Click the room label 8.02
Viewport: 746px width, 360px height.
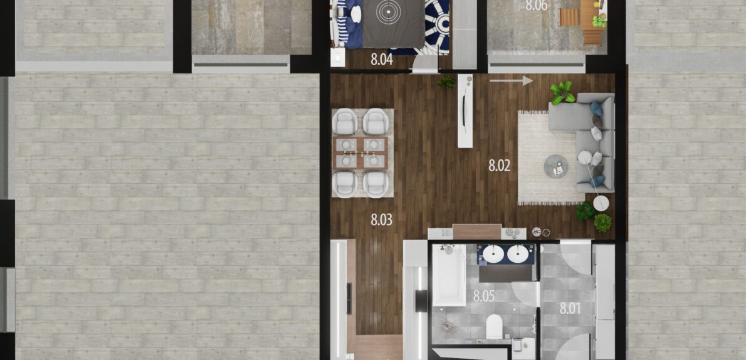pyautogui.click(x=500, y=166)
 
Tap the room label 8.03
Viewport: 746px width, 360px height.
pyautogui.click(x=382, y=220)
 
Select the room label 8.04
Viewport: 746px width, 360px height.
pyautogui.click(x=382, y=60)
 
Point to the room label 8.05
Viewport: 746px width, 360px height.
pyautogui.click(x=484, y=296)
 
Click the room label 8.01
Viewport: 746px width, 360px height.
pyautogui.click(x=570, y=309)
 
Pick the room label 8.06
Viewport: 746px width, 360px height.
pyautogui.click(x=536, y=6)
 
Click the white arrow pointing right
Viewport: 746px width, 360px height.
pyautogui.click(x=511, y=80)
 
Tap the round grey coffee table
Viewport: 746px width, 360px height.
pyautogui.click(x=556, y=167)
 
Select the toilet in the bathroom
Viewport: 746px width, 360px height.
pyautogui.click(x=495, y=327)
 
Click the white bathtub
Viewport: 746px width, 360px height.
pyautogui.click(x=449, y=275)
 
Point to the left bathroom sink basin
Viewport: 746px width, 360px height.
pyautogui.click(x=493, y=254)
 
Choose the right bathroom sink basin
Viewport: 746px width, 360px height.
pyautogui.click(x=518, y=254)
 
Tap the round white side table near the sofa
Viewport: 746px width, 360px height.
pyautogui.click(x=601, y=203)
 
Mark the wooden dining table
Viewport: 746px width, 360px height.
pyautogui.click(x=362, y=153)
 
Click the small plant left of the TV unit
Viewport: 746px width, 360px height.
pyautogui.click(x=446, y=82)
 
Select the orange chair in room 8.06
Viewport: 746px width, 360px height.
pyautogui.click(x=569, y=17)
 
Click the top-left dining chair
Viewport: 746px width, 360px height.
pyautogui.click(x=345, y=122)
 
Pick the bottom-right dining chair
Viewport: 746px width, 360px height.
pyautogui.click(x=376, y=184)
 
